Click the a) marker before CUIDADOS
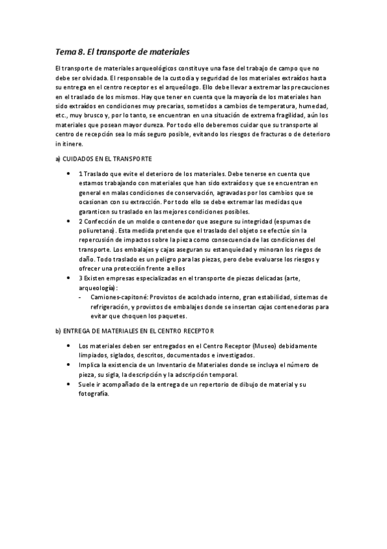coord(58,159)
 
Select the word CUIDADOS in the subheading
coord(81,159)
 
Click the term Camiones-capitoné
coord(120,297)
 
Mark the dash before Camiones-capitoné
coord(96,297)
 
